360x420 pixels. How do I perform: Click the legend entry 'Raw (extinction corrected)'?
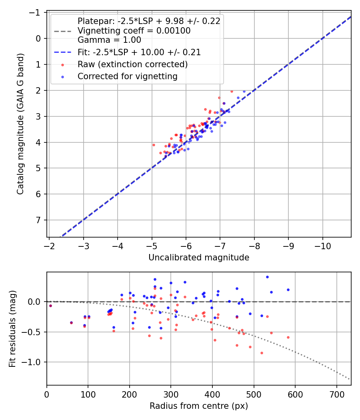(132, 64)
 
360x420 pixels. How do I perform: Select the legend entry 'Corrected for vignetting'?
(128, 76)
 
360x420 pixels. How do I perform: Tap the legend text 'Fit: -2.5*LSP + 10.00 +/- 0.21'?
(139, 52)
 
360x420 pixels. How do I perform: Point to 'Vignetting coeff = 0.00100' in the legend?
(134, 31)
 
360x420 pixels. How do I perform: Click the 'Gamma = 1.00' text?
(109, 40)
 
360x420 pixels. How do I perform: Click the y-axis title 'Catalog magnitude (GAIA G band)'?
(20, 124)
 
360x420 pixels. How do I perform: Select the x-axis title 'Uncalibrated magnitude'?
(199, 258)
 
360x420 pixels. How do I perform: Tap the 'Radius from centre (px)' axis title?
(199, 406)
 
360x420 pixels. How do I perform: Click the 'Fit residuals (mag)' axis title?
(12, 329)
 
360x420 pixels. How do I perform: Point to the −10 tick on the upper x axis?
(323, 246)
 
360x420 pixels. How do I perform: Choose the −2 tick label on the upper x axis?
(49, 246)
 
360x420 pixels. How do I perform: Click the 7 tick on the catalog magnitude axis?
(39, 220)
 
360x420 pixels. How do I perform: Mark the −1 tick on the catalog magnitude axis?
(37, 13)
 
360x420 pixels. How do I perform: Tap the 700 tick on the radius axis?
(336, 394)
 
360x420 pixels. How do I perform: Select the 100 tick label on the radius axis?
(88, 394)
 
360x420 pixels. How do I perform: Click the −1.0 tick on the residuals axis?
(35, 362)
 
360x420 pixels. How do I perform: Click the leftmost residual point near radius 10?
(50, 306)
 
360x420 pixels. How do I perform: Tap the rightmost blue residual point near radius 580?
(288, 290)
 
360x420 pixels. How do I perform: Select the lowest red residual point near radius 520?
(262, 353)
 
